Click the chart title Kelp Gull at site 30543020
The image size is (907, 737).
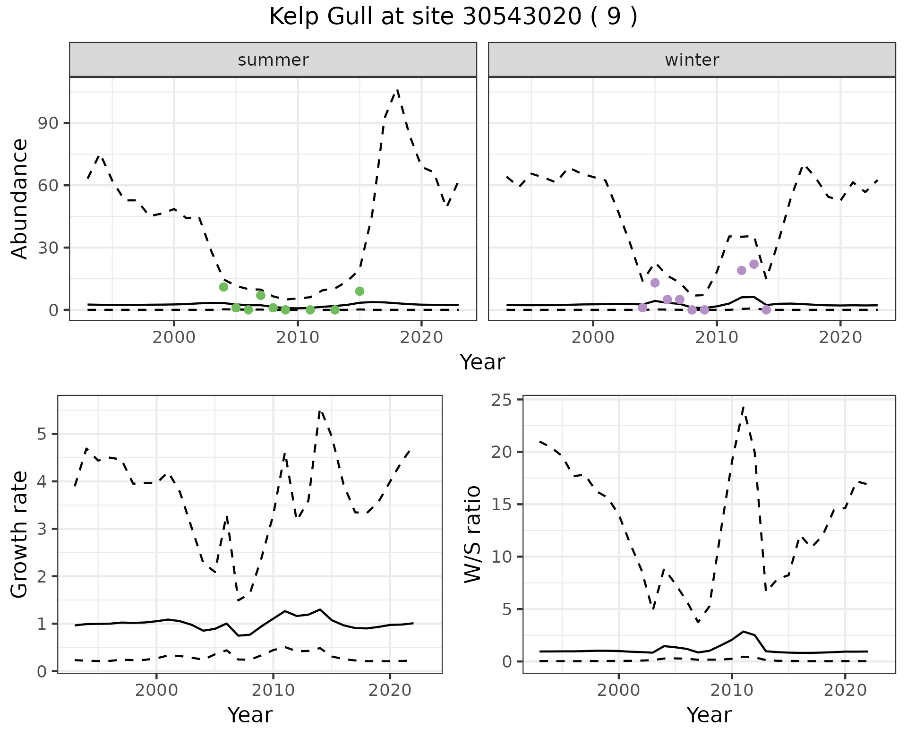453,17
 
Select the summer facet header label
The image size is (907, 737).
273,60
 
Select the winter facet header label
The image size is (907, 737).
692,60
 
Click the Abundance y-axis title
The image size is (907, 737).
20,199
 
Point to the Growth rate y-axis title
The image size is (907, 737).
20,534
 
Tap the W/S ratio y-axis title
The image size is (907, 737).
473,534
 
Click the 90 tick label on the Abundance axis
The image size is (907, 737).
47,123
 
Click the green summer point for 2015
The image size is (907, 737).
359,291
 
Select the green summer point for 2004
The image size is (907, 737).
224,287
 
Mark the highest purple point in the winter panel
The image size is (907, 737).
754,264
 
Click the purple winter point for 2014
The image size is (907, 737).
766,310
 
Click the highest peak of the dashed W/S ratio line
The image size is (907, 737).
743,406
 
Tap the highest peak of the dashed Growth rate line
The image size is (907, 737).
320,411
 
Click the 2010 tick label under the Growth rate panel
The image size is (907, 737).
273,690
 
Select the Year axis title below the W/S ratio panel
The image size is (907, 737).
709,715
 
